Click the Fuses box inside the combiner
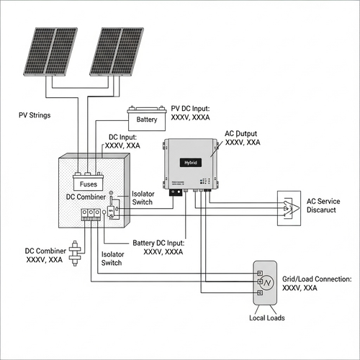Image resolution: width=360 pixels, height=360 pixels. tap(89, 183)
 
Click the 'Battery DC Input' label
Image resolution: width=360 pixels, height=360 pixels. tap(159, 248)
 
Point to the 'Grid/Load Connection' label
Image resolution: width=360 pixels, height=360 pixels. tap(317, 282)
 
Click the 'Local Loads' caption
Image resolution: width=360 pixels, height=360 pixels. tap(266, 318)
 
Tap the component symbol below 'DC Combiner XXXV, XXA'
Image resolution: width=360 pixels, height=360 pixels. tap(74, 256)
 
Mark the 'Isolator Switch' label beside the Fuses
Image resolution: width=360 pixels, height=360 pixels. tap(143, 198)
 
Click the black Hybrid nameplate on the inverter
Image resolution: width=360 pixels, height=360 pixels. tap(191, 163)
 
